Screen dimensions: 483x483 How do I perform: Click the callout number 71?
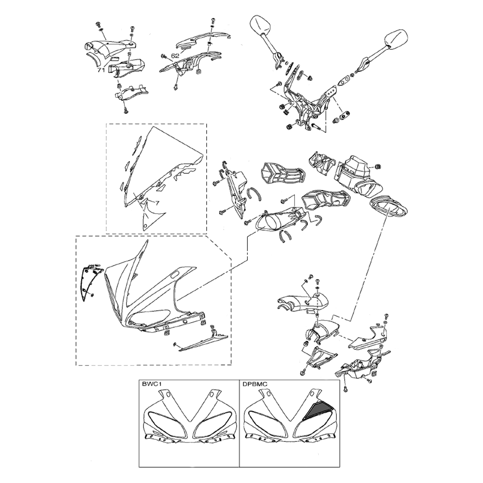[101, 70]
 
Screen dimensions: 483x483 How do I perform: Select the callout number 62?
[175, 56]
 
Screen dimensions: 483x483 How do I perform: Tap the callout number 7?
[157, 203]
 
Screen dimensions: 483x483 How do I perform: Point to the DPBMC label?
[254, 385]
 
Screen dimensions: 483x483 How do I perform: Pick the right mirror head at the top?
[397, 39]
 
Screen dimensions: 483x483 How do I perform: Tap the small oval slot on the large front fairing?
[174, 274]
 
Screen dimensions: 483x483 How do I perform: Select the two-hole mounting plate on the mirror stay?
[331, 92]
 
